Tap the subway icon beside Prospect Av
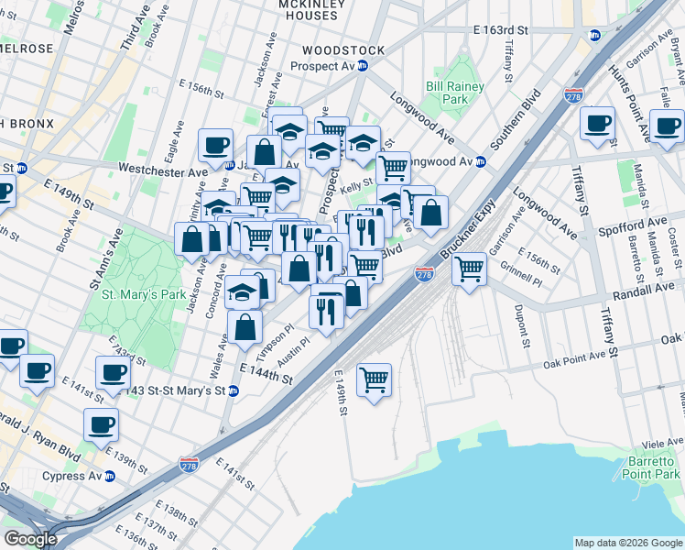point(363,66)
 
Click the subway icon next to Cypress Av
point(110,477)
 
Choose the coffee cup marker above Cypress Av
point(101,424)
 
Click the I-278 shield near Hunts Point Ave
point(574,95)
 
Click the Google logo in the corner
point(30,539)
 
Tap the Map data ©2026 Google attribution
point(627,543)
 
